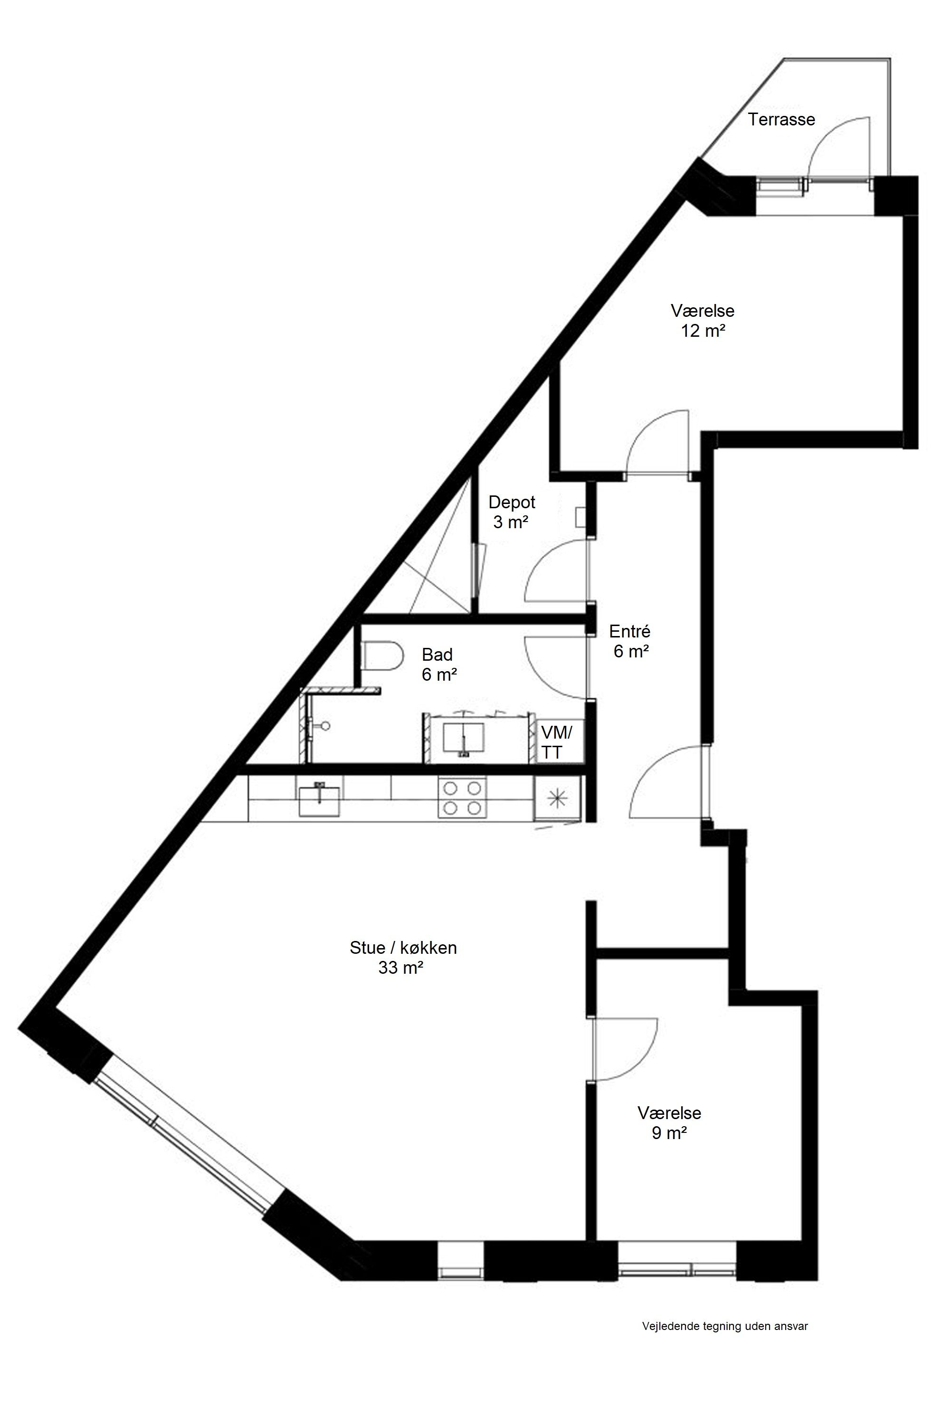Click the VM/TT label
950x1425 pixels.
[556, 743]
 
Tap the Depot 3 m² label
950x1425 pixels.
[512, 512]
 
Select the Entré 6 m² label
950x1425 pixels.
[631, 641]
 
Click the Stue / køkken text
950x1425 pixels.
[403, 948]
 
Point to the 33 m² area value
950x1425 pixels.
[400, 968]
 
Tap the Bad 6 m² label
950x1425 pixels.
[438, 664]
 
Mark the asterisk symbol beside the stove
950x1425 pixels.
[556, 798]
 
